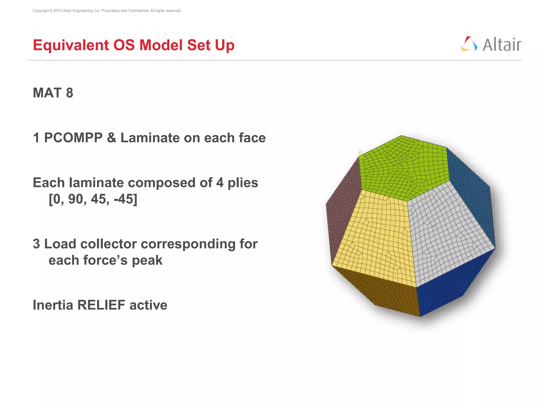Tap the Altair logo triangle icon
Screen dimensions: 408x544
pyautogui.click(x=469, y=44)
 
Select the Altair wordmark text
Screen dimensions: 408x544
pyautogui.click(x=502, y=45)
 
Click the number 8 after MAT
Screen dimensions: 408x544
pyautogui.click(x=70, y=93)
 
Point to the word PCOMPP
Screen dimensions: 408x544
pyautogui.click(x=73, y=138)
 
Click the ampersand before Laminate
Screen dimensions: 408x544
pyautogui.click(x=112, y=138)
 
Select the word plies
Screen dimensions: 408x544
pyautogui.click(x=243, y=183)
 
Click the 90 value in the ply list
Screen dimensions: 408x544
pyautogui.click(x=75, y=199)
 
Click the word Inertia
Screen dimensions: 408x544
pyautogui.click(x=53, y=305)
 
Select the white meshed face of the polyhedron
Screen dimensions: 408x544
pyautogui.click(x=449, y=234)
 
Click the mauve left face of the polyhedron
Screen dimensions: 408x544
pyautogui.click(x=343, y=212)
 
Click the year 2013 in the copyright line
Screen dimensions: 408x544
pyautogui.click(x=57, y=11)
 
